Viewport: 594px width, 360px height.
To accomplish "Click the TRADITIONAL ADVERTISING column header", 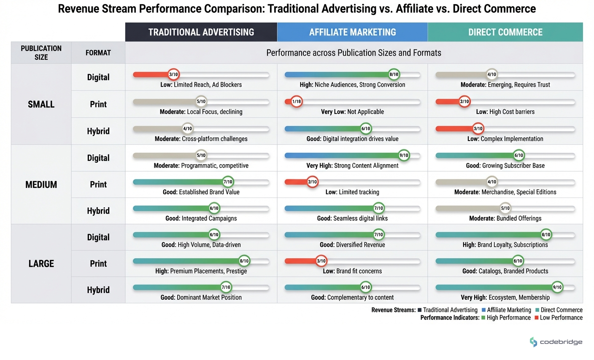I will [201, 32].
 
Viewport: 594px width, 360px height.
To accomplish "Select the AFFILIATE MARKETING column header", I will [352, 32].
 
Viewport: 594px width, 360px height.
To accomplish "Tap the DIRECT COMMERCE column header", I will [505, 32].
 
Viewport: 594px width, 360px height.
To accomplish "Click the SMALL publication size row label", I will [41, 104].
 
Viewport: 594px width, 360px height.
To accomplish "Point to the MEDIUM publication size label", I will [41, 184].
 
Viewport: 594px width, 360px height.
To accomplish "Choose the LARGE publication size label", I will [41, 264].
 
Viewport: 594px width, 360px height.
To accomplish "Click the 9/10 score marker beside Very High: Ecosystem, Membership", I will [557, 287].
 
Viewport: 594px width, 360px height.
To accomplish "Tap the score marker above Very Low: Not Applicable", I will [297, 102].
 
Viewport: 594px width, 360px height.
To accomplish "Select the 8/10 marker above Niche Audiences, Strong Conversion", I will [394, 75].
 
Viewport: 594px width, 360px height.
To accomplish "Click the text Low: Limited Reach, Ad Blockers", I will [201, 85].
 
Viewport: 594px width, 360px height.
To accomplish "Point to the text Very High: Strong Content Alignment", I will [352, 166].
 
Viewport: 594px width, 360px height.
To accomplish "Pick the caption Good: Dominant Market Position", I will [201, 298].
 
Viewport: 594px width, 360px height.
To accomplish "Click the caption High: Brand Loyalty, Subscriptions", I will [505, 245].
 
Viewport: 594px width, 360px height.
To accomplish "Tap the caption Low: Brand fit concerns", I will [352, 271].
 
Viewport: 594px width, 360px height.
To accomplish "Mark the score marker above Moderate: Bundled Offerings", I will [505, 208].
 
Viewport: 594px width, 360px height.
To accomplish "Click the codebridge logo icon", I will [533, 342].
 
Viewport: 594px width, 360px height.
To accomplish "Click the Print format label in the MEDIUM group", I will [98, 184].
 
